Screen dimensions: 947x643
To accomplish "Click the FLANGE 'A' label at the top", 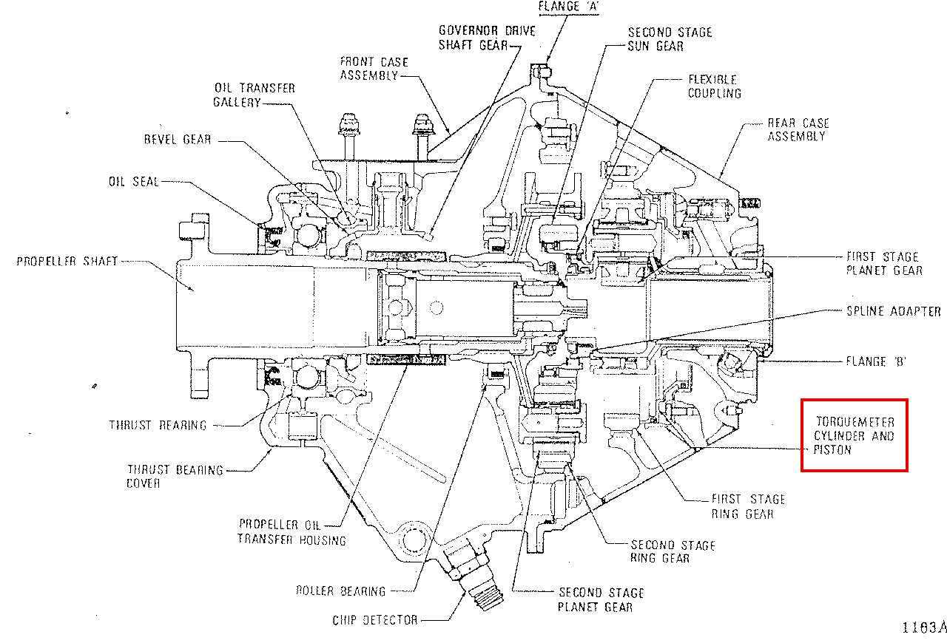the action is click(x=568, y=7).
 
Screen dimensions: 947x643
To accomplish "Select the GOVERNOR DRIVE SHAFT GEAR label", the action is click(x=487, y=38).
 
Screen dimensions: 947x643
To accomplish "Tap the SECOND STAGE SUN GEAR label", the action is click(x=670, y=39).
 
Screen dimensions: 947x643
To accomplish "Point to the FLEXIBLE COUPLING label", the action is click(x=715, y=86).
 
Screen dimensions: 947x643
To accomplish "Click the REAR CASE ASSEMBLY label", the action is click(x=798, y=129).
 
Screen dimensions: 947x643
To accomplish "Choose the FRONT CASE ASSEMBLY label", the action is click(x=374, y=69).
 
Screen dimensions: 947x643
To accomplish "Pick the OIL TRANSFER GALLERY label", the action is click(x=254, y=95).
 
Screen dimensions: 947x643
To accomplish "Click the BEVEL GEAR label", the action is click(x=178, y=140).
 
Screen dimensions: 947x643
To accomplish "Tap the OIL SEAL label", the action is click(x=134, y=182).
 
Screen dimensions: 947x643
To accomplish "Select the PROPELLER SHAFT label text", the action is click(x=67, y=262).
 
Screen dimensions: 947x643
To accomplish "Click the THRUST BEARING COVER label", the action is click(x=175, y=477).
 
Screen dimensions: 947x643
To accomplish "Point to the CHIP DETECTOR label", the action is click(x=375, y=620).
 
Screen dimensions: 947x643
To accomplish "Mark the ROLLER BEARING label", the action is click(x=341, y=591).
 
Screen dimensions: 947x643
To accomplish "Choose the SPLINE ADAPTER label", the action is click(x=894, y=311).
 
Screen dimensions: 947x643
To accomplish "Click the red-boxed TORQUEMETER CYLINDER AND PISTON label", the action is click(x=854, y=435).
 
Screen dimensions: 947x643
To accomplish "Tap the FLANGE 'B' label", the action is click(x=876, y=361).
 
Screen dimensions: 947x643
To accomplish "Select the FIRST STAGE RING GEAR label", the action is click(x=748, y=506).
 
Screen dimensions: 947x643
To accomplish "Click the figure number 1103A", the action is click(x=924, y=627).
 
